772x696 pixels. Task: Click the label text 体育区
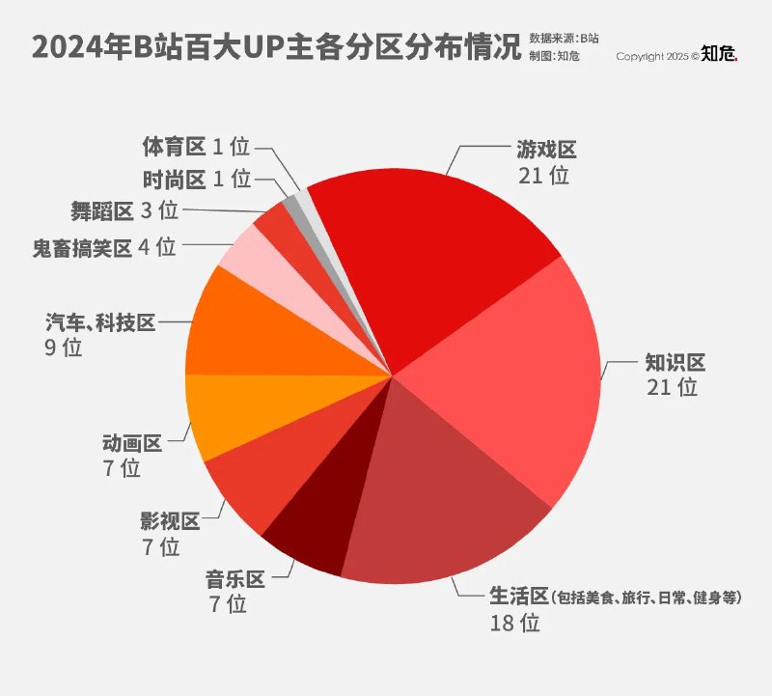(x=174, y=147)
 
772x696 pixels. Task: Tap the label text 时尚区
(x=174, y=179)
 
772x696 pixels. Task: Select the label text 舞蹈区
(x=101, y=210)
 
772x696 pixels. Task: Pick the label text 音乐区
(x=234, y=580)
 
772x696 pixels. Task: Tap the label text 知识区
(x=675, y=363)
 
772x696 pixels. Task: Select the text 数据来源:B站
(x=564, y=39)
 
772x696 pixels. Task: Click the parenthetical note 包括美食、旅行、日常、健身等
(x=648, y=599)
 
